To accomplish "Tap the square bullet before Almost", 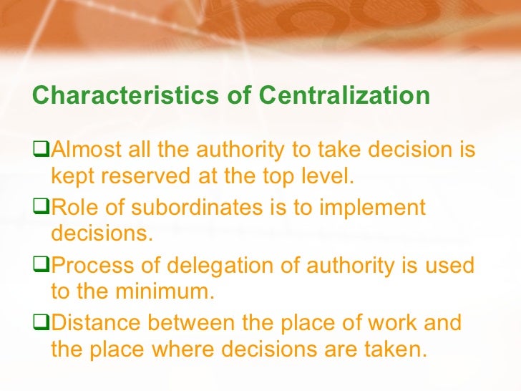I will (x=42, y=152).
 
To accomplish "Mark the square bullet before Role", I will (x=42, y=208).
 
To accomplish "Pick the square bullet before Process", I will (x=42, y=266).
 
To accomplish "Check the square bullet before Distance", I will (x=42, y=323).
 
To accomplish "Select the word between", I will (x=203, y=323).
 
